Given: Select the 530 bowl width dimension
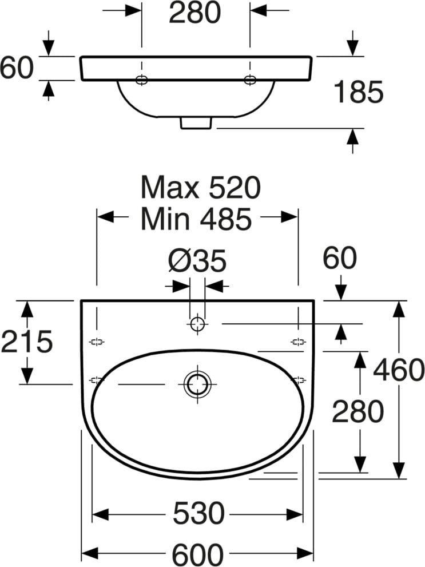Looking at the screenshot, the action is tap(198, 513).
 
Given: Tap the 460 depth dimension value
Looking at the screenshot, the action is tap(398, 370).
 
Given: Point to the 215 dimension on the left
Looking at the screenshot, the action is tap(27, 342).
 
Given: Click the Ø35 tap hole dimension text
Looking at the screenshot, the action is tap(197, 260).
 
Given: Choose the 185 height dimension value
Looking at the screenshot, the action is tap(358, 92).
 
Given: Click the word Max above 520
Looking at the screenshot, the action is tap(170, 187).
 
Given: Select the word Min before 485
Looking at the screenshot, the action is tap(165, 219).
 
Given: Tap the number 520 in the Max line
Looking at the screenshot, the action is tap(235, 187).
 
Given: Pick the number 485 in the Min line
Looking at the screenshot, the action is tap(225, 219).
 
